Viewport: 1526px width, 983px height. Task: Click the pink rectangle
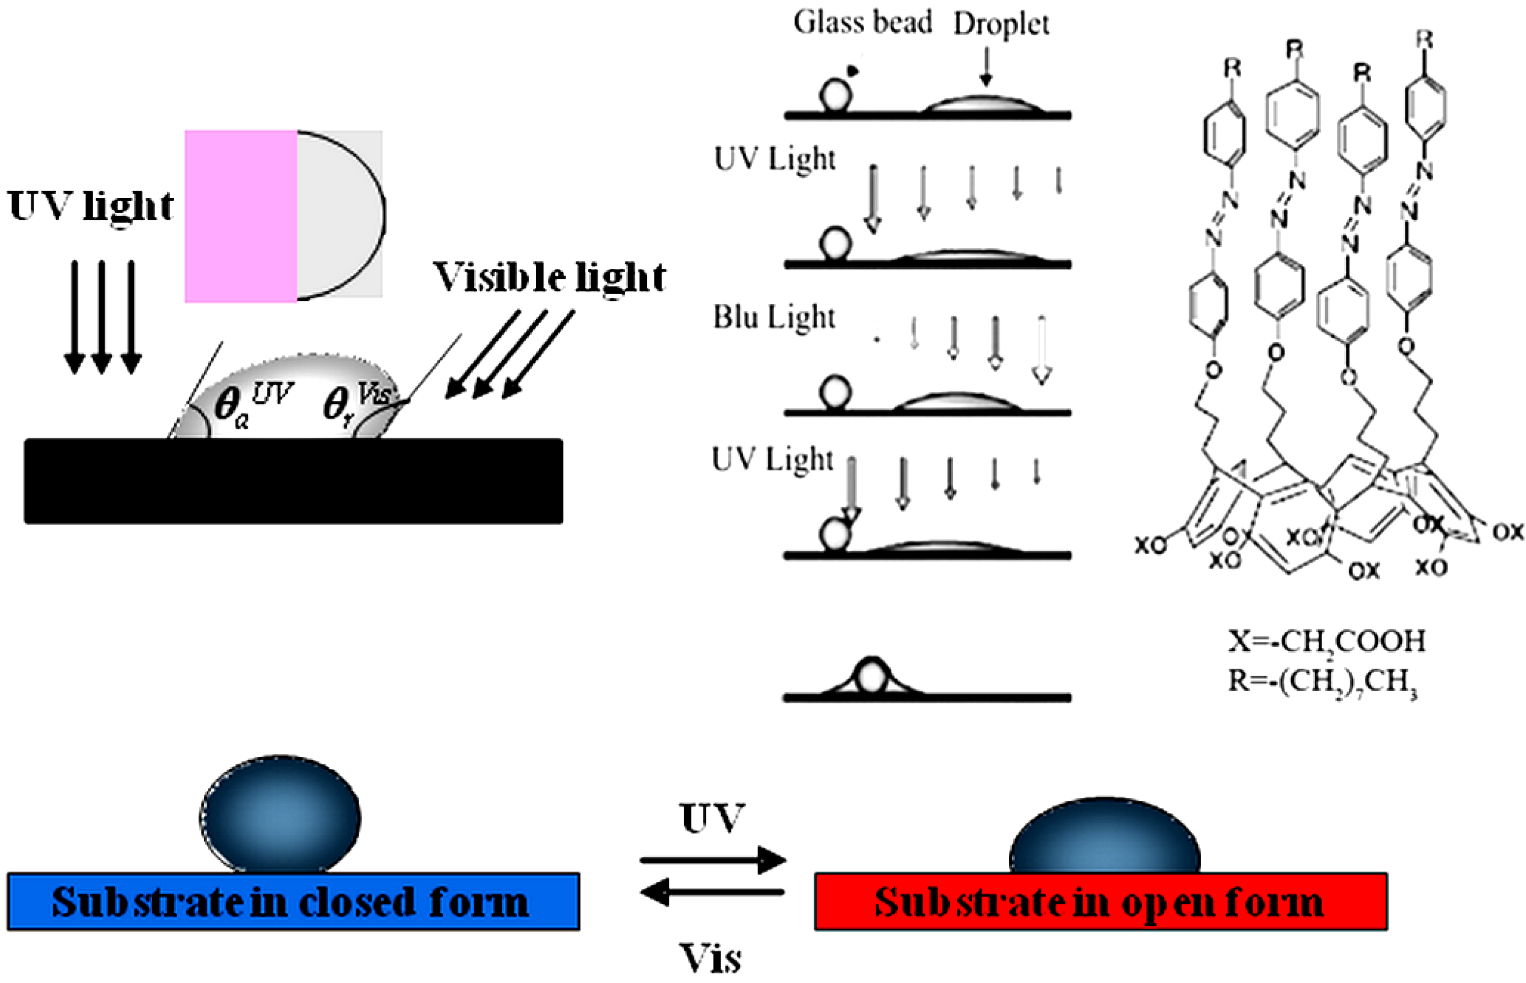tap(241, 216)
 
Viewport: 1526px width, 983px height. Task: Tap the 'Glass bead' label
tap(862, 23)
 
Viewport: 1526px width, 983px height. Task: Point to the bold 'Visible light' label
tap(550, 278)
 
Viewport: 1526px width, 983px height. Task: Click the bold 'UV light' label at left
tap(91, 206)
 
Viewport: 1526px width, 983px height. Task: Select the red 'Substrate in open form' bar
tap(1101, 901)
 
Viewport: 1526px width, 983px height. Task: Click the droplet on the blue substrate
tap(280, 815)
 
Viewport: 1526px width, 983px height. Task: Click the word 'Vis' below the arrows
tap(710, 958)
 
